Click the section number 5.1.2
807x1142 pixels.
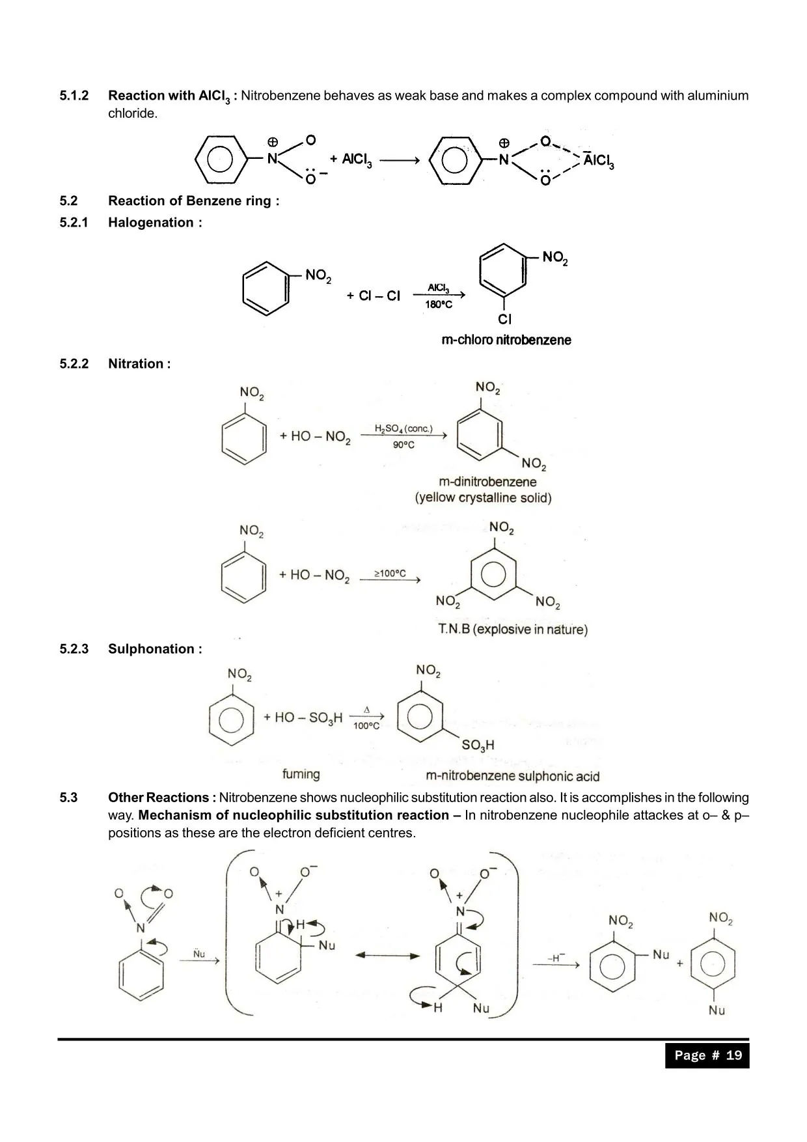74,96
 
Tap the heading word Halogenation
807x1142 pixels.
151,223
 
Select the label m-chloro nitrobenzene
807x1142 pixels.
506,340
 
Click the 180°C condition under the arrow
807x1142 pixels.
439,305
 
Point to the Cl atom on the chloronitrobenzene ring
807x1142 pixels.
505,319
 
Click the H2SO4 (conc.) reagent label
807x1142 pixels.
403,428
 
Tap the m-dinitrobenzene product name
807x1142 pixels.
487,482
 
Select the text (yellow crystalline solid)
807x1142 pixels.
483,498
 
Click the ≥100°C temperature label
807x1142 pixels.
390,573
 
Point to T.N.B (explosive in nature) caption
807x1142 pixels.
513,630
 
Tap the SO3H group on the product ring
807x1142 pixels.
478,745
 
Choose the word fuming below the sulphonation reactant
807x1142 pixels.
301,774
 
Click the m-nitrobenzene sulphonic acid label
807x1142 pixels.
512,776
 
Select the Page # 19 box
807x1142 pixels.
707,1055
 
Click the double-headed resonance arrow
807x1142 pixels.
387,956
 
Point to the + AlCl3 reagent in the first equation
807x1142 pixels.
351,160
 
